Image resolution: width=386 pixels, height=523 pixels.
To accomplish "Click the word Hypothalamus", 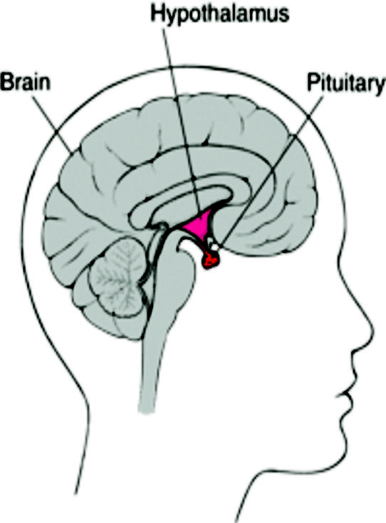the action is click(220, 15).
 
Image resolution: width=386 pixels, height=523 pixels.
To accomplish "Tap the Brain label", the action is click(26, 82).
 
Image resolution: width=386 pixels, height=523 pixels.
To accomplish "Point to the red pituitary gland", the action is click(209, 260).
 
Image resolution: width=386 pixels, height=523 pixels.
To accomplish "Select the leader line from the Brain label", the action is click(53, 125).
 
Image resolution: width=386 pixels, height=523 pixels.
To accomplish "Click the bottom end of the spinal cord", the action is click(147, 411).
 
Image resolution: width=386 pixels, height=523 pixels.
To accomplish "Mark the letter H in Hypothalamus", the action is click(157, 14).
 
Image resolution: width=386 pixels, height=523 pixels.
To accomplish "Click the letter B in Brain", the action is click(6, 82).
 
